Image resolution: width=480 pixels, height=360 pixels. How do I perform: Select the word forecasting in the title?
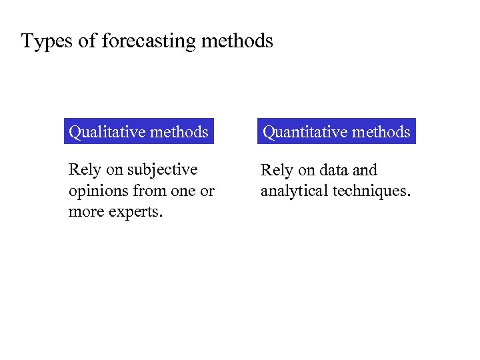pos(149,41)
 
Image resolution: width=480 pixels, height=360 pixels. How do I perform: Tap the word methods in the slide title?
pos(237,41)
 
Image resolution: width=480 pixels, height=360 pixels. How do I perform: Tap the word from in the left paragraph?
pos(149,191)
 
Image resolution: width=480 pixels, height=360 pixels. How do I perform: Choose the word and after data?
pos(365,170)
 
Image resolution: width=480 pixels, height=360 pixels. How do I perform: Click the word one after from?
pos(183,191)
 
